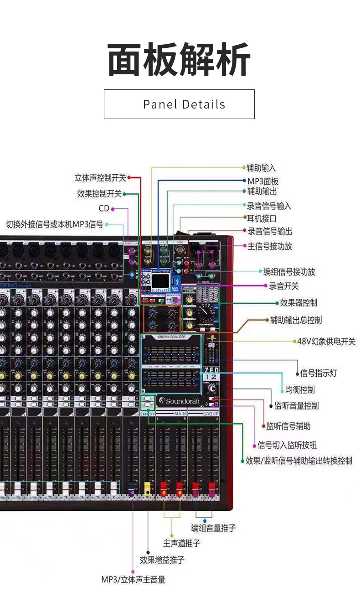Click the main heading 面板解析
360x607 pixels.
(179, 60)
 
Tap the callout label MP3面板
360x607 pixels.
(263, 181)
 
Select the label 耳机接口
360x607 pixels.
(262, 218)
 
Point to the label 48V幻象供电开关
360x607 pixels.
(326, 341)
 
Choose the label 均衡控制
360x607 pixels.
(300, 389)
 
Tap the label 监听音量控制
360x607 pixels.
(297, 405)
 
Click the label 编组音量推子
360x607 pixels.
(213, 528)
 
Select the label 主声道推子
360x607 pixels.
(182, 543)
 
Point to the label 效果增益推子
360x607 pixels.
(162, 560)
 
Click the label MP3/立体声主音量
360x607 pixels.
(133, 580)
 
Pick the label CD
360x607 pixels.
(104, 208)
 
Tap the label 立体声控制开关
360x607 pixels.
(100, 177)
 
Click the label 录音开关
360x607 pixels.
(284, 286)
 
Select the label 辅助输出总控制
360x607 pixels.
(296, 320)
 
